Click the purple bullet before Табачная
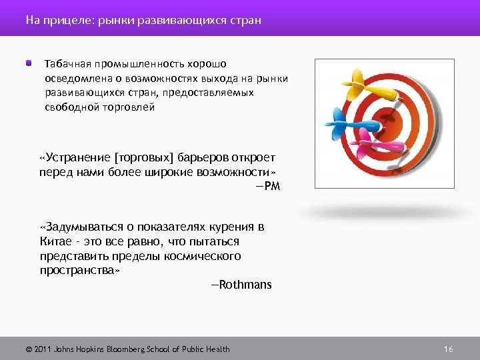[29, 63]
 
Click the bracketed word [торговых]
[143, 158]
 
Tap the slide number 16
[448, 349]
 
